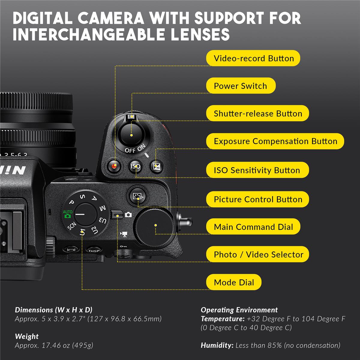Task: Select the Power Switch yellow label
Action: tap(240, 86)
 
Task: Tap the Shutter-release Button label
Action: tap(257, 113)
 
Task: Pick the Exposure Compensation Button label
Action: tap(275, 141)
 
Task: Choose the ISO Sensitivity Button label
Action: tap(257, 170)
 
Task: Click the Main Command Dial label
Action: tap(253, 227)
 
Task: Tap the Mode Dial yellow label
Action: tap(234, 282)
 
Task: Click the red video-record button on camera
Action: tap(114, 166)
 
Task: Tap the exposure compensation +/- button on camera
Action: tap(156, 166)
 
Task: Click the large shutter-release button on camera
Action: tap(131, 134)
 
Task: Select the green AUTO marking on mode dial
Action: tap(67, 214)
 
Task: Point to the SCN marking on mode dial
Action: tap(72, 227)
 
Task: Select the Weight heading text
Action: tap(27, 336)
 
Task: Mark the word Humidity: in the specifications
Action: tap(217, 345)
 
